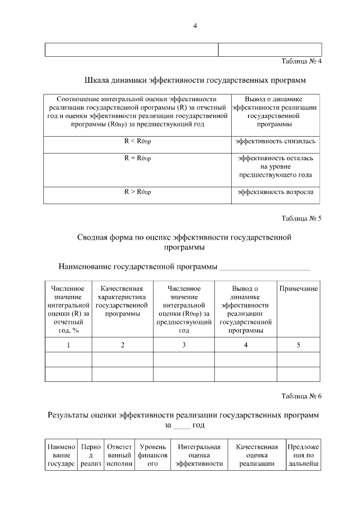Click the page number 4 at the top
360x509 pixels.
pyautogui.click(x=195, y=25)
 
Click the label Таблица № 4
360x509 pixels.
pyautogui.click(x=301, y=61)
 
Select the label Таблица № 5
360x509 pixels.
pyautogui.click(x=301, y=218)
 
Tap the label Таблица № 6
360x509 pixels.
pyautogui.click(x=301, y=396)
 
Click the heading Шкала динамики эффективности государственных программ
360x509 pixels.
pyautogui.click(x=196, y=80)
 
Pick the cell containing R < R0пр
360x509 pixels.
pyautogui.click(x=137, y=141)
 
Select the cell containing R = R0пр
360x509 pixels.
pyautogui.click(x=137, y=158)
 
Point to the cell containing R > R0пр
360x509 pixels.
pyautogui.click(x=137, y=192)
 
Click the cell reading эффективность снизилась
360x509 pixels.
pyautogui.click(x=275, y=141)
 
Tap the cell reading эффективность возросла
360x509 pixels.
pyautogui.click(x=275, y=192)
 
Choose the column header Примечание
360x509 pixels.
pyautogui.click(x=298, y=289)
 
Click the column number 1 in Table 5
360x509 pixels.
pyautogui.click(x=68, y=345)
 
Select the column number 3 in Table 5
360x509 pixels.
pyautogui.click(x=183, y=345)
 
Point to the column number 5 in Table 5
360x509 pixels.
pyautogui.click(x=298, y=345)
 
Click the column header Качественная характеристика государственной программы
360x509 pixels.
pyautogui.click(x=122, y=301)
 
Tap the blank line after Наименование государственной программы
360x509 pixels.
pyautogui.click(x=264, y=267)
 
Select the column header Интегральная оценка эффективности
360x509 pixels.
pyautogui.click(x=199, y=455)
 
